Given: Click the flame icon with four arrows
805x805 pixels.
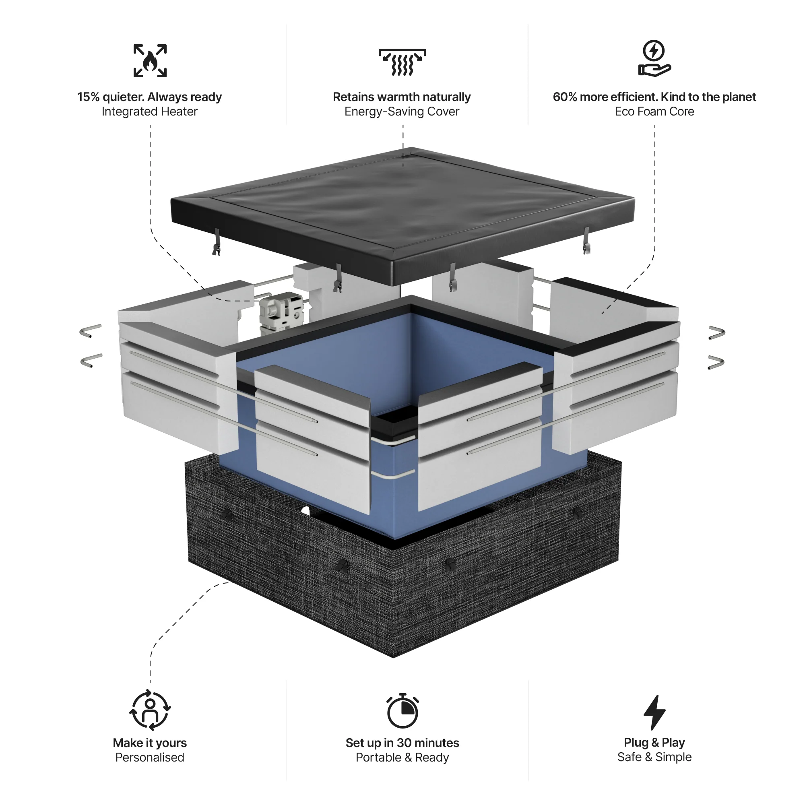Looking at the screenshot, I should point(150,61).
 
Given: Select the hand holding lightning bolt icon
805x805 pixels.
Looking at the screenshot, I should point(654,58).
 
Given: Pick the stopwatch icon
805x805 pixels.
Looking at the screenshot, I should point(402,711).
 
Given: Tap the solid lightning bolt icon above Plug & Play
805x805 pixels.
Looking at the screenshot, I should point(654,712).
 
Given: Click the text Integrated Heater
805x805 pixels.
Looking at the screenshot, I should point(150,111).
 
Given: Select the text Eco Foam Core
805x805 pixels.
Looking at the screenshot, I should point(654,111).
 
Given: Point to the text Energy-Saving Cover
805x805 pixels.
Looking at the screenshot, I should point(402,111).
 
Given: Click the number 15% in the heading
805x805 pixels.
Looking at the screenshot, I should point(88,97).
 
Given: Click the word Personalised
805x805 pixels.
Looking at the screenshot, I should point(150,757).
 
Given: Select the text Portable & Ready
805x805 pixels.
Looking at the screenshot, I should point(402,757).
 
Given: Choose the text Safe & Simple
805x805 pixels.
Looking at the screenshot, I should point(654,757).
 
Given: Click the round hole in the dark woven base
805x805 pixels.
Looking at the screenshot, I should point(305,510).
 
